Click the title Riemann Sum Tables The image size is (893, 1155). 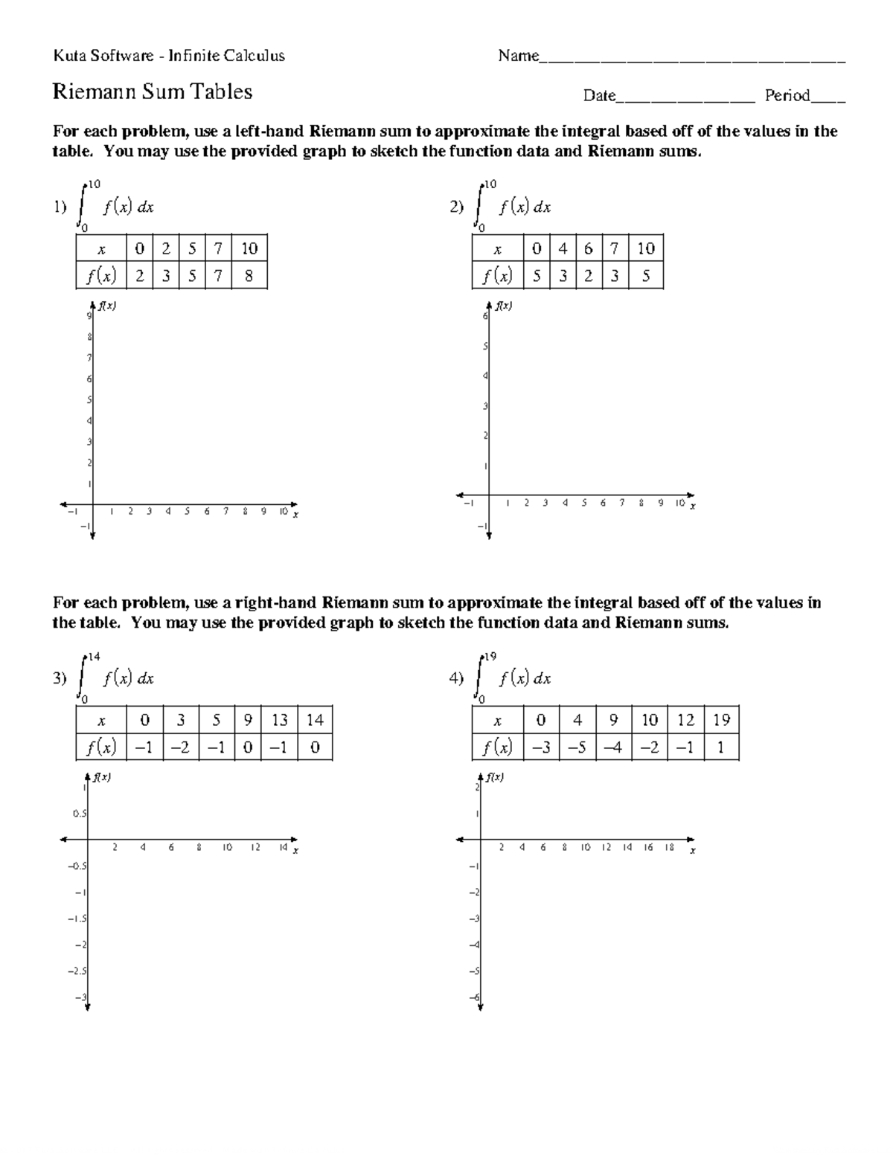click(153, 91)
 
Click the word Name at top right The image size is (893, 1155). click(518, 56)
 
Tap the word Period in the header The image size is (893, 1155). click(787, 95)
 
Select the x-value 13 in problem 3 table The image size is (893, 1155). click(280, 720)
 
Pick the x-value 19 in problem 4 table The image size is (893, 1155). click(720, 720)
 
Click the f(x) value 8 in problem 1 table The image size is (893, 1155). click(249, 276)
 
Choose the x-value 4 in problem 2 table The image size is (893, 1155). click(563, 248)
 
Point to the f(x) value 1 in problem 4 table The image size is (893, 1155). click(720, 747)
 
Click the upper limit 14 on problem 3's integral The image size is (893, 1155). click(94, 657)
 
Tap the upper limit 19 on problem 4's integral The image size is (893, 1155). click(490, 657)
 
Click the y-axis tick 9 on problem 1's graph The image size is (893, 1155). click(89, 316)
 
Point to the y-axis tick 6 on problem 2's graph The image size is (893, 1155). click(485, 317)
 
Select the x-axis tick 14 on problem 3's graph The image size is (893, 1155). click(283, 847)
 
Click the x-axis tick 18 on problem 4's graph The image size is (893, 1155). click(669, 847)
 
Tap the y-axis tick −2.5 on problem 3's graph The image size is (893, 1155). click(77, 971)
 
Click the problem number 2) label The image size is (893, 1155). click(456, 207)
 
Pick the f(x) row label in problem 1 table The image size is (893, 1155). click(101, 276)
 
